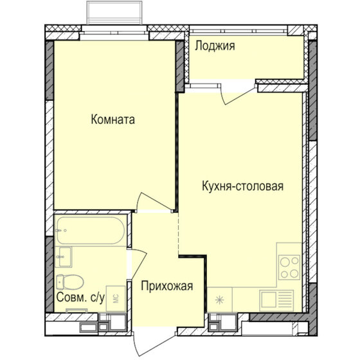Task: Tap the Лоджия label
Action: click(x=215, y=46)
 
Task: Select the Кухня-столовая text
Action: click(x=242, y=187)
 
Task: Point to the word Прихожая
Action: click(x=166, y=287)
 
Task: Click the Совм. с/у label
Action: click(x=81, y=298)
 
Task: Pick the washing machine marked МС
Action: click(x=116, y=299)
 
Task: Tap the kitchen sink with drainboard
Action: click(x=277, y=298)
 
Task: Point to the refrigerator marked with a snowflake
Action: click(x=221, y=298)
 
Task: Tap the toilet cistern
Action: click(x=59, y=282)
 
